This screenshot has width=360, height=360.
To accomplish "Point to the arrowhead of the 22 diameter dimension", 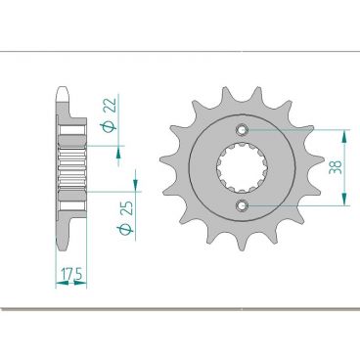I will pyautogui.click(x=119, y=148).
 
